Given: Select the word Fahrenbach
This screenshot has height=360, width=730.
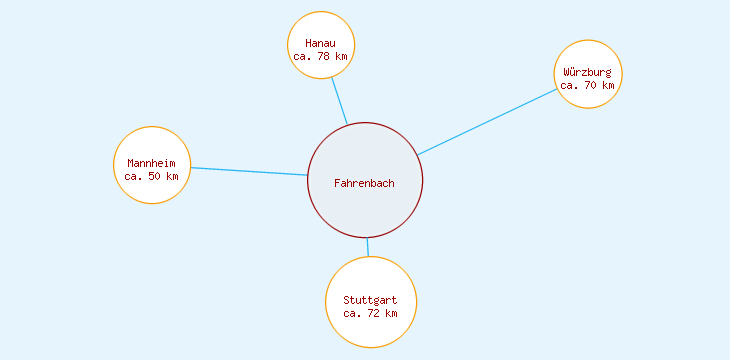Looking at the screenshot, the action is tap(364, 183).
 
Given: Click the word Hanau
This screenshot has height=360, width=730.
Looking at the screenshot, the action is tap(320, 44).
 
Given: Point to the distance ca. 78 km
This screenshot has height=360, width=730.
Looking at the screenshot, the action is tap(320, 57).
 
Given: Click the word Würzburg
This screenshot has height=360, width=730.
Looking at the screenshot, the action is tap(587, 72).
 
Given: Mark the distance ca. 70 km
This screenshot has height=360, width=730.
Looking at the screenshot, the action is tap(587, 85).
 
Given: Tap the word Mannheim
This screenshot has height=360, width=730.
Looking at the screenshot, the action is tap(152, 163).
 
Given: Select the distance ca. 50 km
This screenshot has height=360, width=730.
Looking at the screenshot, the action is tap(152, 176).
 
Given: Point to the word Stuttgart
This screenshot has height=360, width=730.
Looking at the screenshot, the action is tap(370, 300).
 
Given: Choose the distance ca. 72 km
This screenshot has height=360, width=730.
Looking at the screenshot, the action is tap(370, 313).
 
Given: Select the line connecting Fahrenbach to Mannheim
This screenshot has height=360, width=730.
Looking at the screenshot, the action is tap(249, 171).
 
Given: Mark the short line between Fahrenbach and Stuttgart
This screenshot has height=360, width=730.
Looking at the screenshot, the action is tap(367, 247).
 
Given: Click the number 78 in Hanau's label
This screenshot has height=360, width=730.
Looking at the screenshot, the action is tap(324, 57).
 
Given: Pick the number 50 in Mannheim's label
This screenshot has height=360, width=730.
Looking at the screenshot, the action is tap(155, 176).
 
